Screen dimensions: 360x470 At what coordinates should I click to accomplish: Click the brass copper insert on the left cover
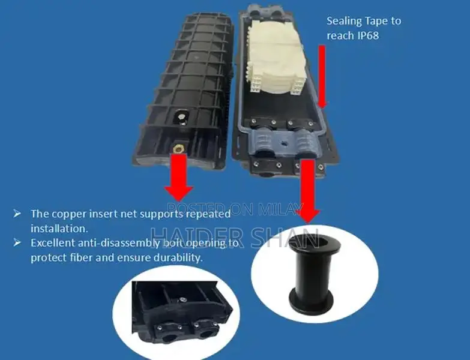(177, 148)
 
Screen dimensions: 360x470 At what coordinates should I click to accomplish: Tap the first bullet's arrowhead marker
(17, 214)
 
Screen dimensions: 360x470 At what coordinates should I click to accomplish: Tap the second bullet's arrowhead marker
(17, 243)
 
